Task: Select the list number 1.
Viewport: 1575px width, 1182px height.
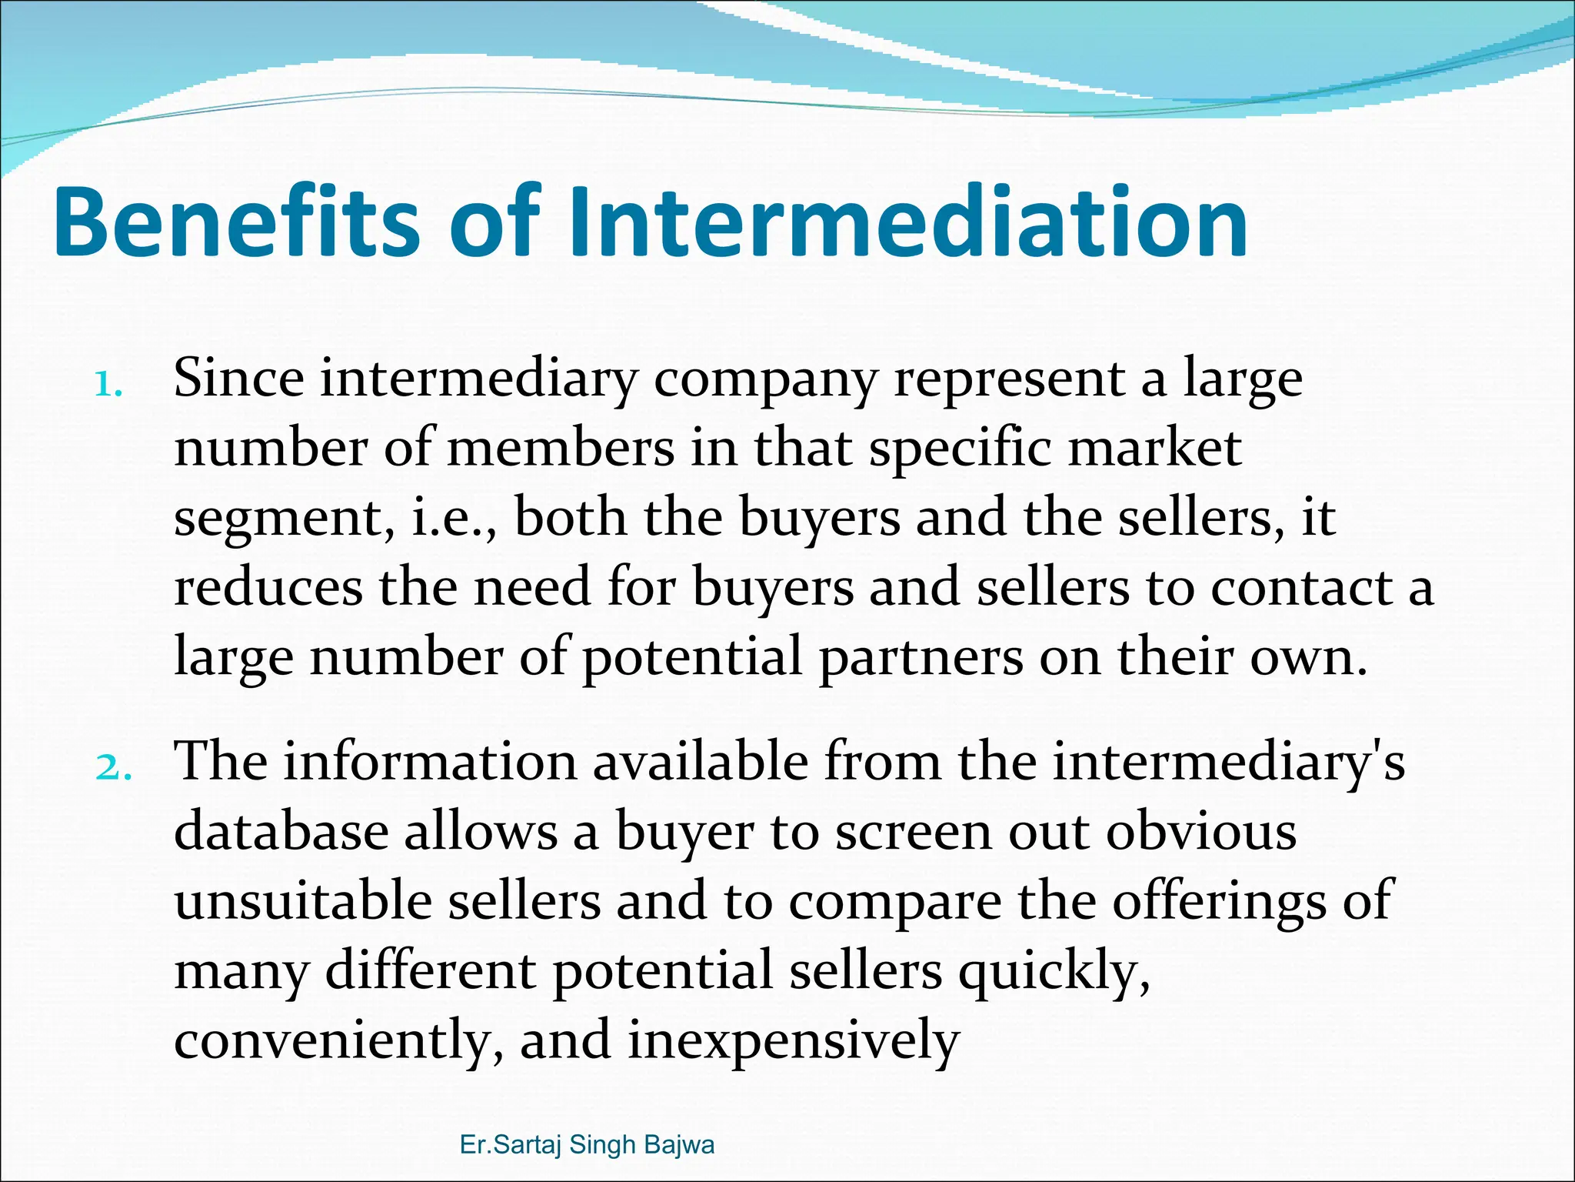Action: coord(108,384)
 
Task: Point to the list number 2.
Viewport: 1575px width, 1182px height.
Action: coord(113,768)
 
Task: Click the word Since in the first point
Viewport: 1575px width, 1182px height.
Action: coord(238,379)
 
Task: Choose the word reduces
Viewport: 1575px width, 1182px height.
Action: coord(268,588)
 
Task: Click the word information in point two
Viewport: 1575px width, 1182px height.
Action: coord(430,763)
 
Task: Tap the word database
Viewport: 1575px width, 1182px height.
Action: coord(281,832)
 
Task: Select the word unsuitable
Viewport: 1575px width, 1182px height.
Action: coord(303,901)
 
